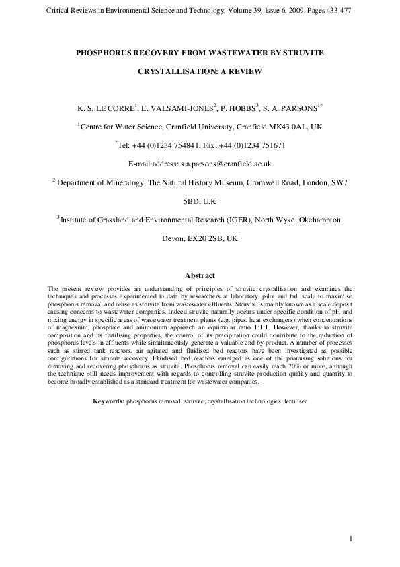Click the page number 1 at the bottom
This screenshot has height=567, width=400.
351,538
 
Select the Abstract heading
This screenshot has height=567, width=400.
200,275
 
